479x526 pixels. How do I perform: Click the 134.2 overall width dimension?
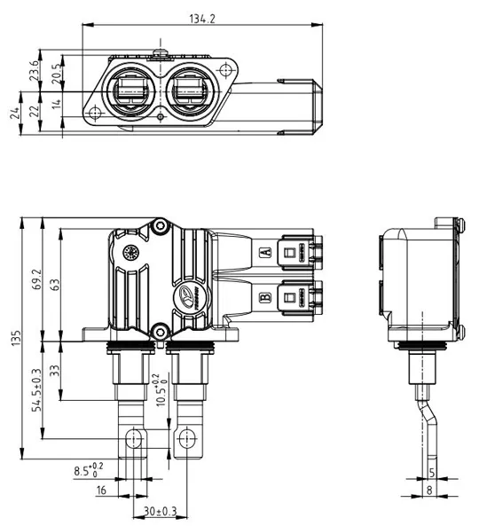pyautogui.click(x=203, y=18)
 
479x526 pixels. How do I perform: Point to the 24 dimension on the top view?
pyautogui.click(x=12, y=113)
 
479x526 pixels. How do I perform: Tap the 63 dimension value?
pyautogui.click(x=55, y=285)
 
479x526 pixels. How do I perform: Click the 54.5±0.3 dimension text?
pyautogui.click(x=35, y=390)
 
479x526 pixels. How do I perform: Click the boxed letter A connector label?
pyautogui.click(x=263, y=253)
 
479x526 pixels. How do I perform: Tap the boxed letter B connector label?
pyautogui.click(x=263, y=297)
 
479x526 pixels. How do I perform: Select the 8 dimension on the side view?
pyautogui.click(x=431, y=489)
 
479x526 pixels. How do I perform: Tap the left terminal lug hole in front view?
pyautogui.click(x=134, y=437)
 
